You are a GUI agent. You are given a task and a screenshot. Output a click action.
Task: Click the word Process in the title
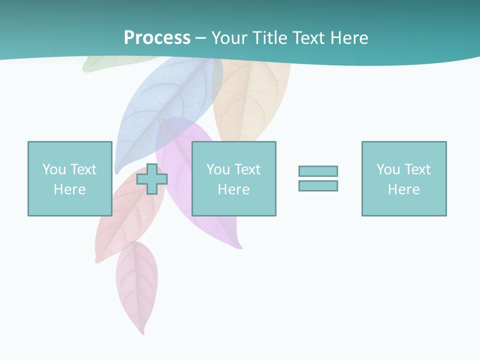pos(157,38)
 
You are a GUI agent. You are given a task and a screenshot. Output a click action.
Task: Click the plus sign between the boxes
pos(152,179)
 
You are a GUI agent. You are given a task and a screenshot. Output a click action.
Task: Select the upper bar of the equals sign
pos(318,171)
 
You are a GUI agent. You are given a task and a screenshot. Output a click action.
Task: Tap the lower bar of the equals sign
pos(318,185)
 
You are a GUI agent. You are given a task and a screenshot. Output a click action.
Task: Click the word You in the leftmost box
pos(54,169)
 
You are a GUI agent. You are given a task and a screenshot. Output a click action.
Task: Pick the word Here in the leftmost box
pos(69,189)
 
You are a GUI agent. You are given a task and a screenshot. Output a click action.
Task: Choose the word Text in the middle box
pos(247,169)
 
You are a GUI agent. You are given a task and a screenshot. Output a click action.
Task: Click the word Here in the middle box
pos(233,189)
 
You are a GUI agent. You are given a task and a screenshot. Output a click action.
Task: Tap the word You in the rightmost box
pos(388,169)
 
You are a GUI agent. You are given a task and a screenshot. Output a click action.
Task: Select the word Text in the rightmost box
pos(417,169)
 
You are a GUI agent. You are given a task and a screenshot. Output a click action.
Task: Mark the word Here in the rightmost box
pos(403,189)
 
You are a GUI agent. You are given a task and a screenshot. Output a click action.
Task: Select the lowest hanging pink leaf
pos(137,285)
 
